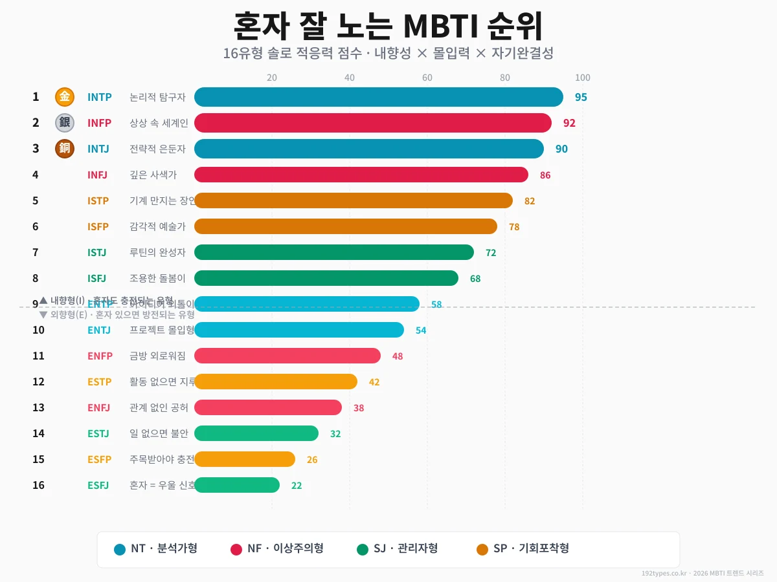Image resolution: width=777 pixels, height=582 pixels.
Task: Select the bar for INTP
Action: tap(379, 97)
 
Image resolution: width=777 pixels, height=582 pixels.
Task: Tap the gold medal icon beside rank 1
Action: tap(65, 97)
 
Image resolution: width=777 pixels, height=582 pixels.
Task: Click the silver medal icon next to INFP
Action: tap(65, 123)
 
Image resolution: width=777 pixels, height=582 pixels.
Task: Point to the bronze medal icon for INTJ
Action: tap(65, 149)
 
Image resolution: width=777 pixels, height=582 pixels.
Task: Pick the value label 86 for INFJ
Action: tap(545, 175)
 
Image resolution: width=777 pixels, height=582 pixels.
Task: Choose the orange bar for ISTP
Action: tap(354, 200)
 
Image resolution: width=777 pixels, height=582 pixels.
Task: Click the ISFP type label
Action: tap(98, 226)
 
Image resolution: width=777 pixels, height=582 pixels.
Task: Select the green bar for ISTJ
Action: tap(334, 252)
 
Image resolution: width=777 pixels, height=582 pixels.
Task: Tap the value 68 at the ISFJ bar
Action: tap(475, 279)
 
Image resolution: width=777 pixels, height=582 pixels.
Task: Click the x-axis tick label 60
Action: tap(427, 78)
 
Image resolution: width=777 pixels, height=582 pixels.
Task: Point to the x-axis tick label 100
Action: tap(582, 78)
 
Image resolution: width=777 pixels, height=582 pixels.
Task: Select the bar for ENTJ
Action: tap(299, 330)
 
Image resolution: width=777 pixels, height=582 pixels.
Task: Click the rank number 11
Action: tap(38, 356)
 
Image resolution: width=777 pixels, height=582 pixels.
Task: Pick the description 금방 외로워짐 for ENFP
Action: tap(157, 356)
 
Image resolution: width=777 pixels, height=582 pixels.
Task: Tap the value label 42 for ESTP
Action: tap(374, 382)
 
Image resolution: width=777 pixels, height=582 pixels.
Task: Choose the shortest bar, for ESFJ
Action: tap(237, 485)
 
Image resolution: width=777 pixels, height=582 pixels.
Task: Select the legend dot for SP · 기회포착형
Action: tap(482, 550)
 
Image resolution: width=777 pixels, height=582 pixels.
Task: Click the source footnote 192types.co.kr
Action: tap(703, 573)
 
